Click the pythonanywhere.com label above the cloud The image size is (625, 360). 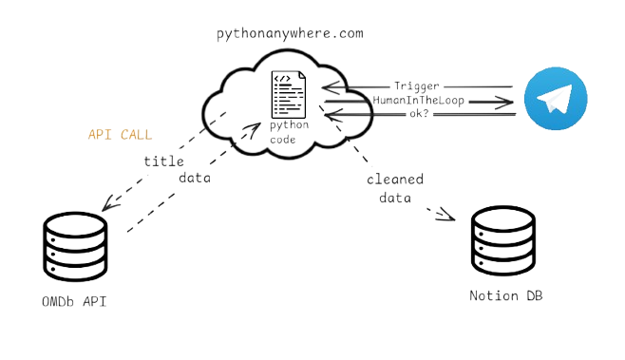290,34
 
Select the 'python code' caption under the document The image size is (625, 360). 284,131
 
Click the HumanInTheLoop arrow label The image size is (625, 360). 420,100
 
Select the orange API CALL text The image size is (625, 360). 120,134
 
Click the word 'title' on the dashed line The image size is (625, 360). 163,161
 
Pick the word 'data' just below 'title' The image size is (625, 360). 196,178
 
